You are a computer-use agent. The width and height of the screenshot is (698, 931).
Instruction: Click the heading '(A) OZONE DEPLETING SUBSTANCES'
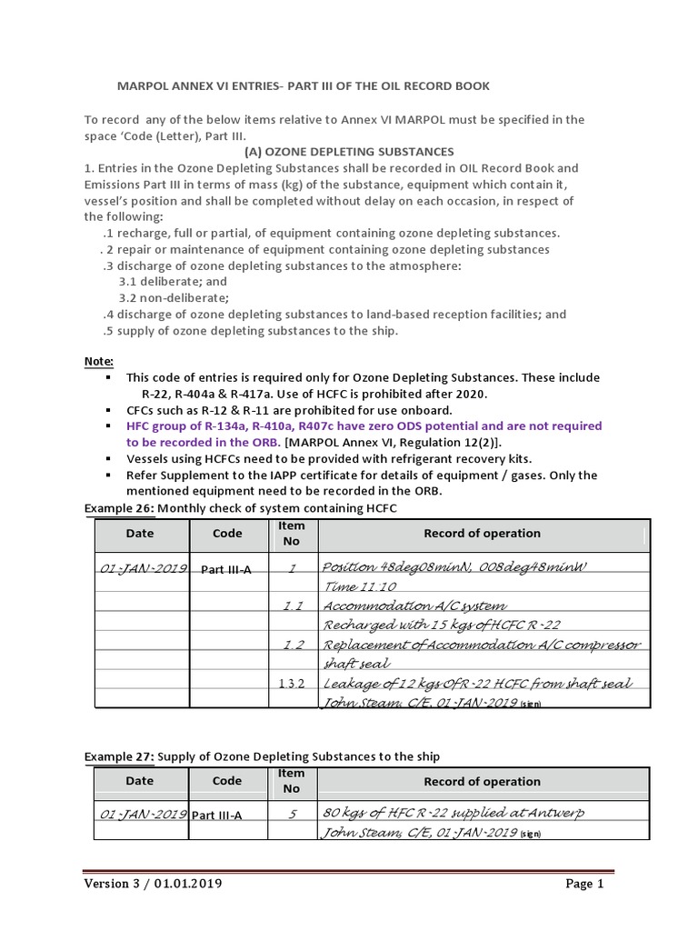click(x=349, y=151)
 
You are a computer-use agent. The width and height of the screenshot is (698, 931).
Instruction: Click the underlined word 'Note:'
click(x=99, y=361)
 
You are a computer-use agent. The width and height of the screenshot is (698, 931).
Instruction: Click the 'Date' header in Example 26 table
click(x=140, y=534)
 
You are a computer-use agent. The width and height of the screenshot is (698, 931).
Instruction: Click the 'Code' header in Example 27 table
click(x=227, y=781)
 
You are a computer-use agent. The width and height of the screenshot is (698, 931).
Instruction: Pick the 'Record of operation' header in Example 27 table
click(x=482, y=781)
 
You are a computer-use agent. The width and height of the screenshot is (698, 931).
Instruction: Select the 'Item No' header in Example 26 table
click(x=293, y=534)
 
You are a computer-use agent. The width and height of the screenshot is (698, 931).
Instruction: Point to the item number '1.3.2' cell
click(x=293, y=684)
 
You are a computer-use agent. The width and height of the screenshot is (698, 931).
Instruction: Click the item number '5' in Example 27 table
click(x=293, y=814)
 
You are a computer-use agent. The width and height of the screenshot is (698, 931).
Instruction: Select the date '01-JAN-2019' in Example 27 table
click(x=140, y=814)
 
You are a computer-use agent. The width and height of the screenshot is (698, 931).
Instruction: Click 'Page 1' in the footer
click(x=583, y=883)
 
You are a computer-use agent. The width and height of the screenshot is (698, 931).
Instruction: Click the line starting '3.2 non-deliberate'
click(x=174, y=297)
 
